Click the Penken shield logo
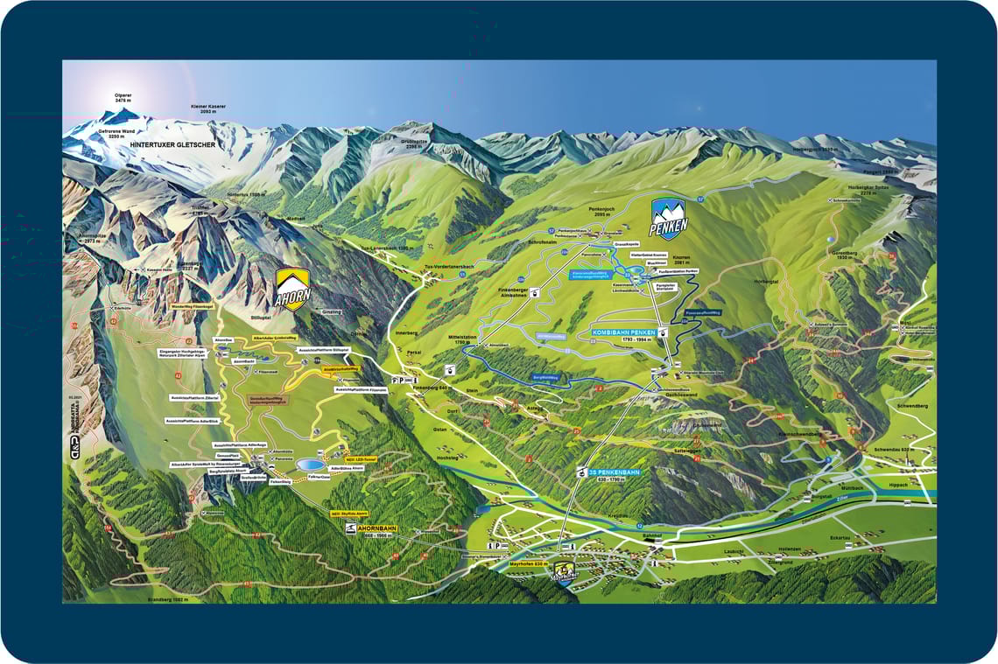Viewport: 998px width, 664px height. [669, 218]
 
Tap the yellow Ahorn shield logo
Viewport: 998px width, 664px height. [292, 289]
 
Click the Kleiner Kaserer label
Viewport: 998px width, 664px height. [207, 109]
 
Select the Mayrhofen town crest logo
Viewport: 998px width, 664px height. [564, 576]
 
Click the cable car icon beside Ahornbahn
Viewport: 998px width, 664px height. [349, 530]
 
